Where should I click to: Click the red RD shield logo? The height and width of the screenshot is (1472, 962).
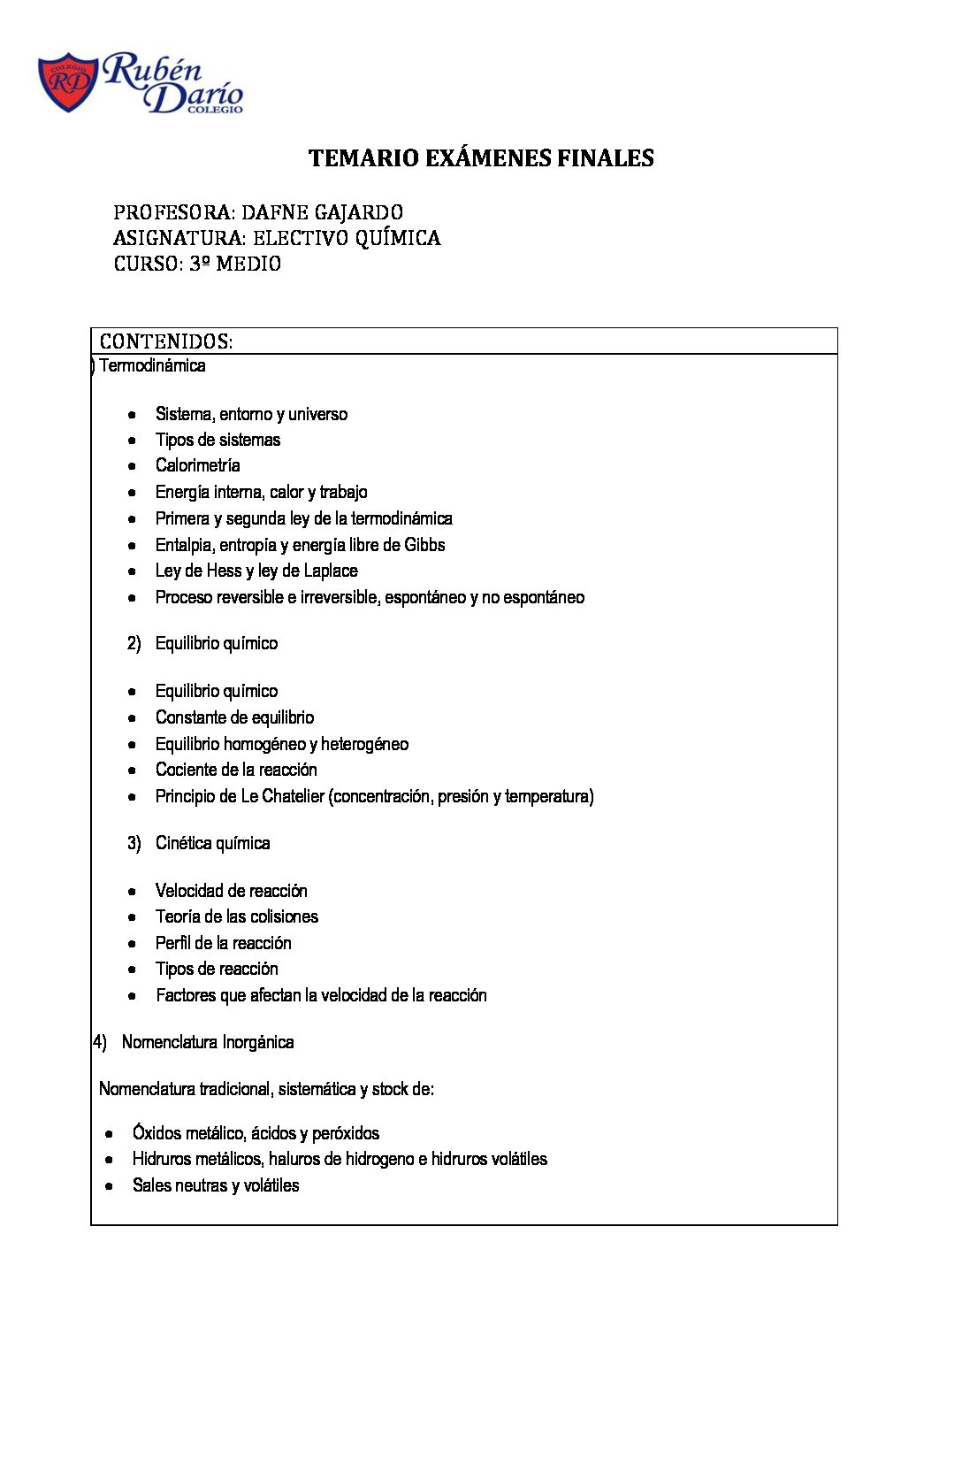pyautogui.click(x=68, y=82)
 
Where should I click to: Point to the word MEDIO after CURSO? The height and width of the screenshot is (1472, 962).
pyautogui.click(x=248, y=264)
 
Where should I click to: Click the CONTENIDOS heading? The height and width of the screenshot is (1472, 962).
pyautogui.click(x=166, y=341)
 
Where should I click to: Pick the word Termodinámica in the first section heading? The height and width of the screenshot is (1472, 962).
pyautogui.click(x=152, y=365)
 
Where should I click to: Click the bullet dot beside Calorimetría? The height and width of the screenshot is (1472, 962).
pyautogui.click(x=132, y=465)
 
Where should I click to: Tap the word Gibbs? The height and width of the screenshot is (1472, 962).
pyautogui.click(x=424, y=545)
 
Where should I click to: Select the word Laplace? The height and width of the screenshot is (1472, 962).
pyautogui.click(x=329, y=571)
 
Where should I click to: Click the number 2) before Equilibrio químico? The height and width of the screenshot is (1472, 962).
pyautogui.click(x=134, y=643)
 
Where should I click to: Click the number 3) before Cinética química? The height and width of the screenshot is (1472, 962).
pyautogui.click(x=134, y=843)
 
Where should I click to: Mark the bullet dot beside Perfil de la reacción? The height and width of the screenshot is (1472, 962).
pyautogui.click(x=132, y=943)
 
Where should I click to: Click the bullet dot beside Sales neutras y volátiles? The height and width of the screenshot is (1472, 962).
pyautogui.click(x=109, y=1185)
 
